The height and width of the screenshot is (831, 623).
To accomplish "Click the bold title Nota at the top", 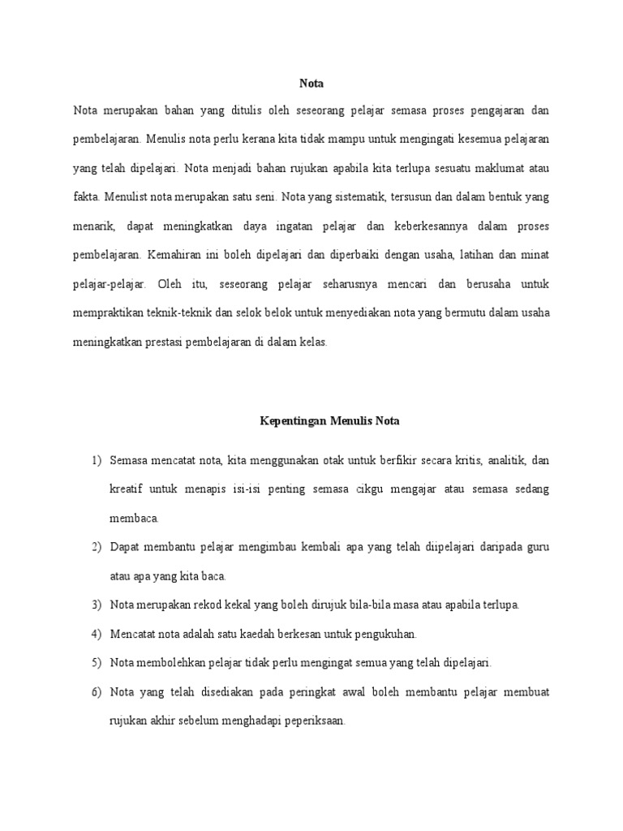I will (x=311, y=82).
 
